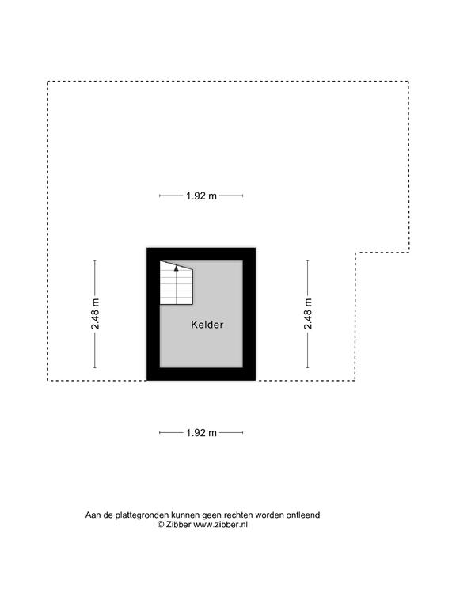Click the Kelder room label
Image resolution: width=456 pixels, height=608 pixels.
tap(207, 325)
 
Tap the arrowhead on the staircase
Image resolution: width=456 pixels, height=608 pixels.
tap(177, 268)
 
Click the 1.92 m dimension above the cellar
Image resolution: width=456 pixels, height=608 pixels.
tap(201, 196)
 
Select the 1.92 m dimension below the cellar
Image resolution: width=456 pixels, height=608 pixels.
tap(201, 433)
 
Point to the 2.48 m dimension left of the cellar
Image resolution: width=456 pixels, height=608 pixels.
tap(95, 314)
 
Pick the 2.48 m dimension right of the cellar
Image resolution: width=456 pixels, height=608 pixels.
tap(308, 314)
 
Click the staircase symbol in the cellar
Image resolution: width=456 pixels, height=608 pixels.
tap(177, 283)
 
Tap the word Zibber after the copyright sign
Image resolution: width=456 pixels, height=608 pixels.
tap(178, 525)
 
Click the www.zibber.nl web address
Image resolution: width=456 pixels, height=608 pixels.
tap(220, 525)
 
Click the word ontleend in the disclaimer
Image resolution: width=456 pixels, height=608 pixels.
tap(303, 515)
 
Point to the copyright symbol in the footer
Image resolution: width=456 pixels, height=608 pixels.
tap(161, 525)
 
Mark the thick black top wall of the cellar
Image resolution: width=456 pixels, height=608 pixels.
tap(201, 254)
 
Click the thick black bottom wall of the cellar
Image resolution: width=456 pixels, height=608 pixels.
tap(201, 374)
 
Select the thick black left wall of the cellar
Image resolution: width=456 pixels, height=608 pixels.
tap(153, 314)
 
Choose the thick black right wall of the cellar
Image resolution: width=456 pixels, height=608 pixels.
tap(249, 314)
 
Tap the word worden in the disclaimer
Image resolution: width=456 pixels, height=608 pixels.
tap(269, 515)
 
